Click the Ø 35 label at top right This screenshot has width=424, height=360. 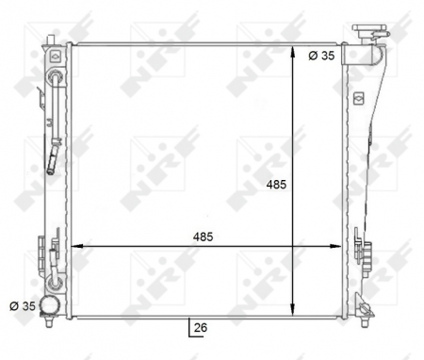click(x=322, y=56)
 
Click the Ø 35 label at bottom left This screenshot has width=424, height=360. click(x=22, y=305)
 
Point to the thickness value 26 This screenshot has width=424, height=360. click(x=200, y=328)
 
